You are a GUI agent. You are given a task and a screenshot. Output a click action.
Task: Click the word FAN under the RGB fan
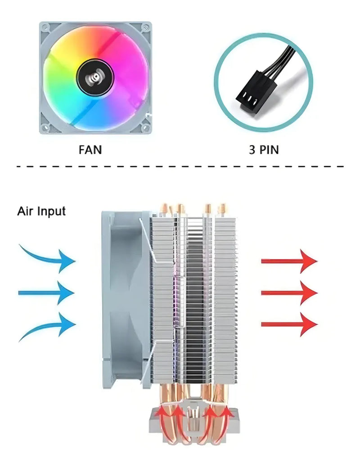coord(90,149)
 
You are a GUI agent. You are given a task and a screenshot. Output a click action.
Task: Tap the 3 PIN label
coord(264,149)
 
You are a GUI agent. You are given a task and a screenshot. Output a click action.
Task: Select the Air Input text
coord(41,211)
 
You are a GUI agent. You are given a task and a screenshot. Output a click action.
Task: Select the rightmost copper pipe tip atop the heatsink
coord(221,208)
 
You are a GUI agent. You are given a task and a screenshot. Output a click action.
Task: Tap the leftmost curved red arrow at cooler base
coord(162,416)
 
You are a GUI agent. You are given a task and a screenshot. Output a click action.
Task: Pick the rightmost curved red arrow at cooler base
coord(227,416)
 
